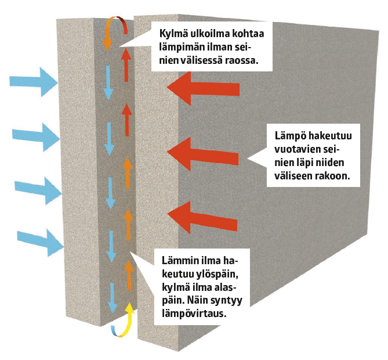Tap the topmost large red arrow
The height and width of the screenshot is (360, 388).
coord(203,88)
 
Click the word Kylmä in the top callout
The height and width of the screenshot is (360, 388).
coord(174,34)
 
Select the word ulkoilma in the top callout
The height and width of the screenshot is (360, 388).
coord(212,34)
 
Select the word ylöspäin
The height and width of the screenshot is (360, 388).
coord(197,273)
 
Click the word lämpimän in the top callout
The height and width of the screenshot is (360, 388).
coord(185,46)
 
